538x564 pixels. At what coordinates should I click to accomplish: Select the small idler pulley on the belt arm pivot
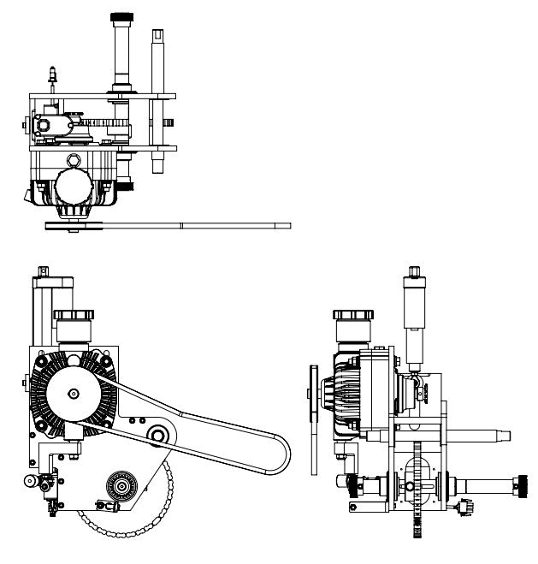pyautogui.click(x=157, y=436)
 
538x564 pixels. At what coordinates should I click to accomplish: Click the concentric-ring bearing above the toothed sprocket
pyautogui.click(x=119, y=488)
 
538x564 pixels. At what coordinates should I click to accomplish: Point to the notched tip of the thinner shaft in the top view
pyautogui.click(x=158, y=35)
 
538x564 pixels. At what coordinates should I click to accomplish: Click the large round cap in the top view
pyautogui.click(x=76, y=183)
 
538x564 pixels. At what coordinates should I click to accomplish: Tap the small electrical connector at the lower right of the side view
pyautogui.click(x=465, y=507)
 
